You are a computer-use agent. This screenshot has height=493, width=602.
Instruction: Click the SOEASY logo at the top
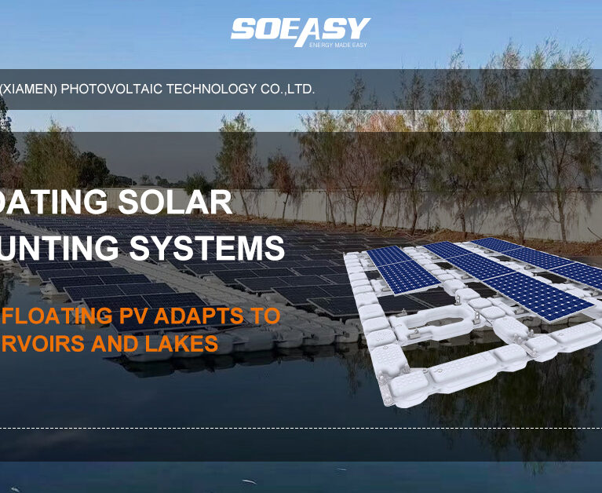(x=300, y=30)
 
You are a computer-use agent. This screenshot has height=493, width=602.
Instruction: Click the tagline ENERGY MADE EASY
(x=337, y=45)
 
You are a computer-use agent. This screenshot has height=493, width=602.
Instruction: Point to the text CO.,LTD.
(x=288, y=89)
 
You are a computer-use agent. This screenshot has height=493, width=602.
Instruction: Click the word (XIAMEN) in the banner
(x=28, y=89)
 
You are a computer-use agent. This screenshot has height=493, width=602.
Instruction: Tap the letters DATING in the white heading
(x=53, y=203)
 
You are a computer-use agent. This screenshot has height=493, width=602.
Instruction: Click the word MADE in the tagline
(x=338, y=45)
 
